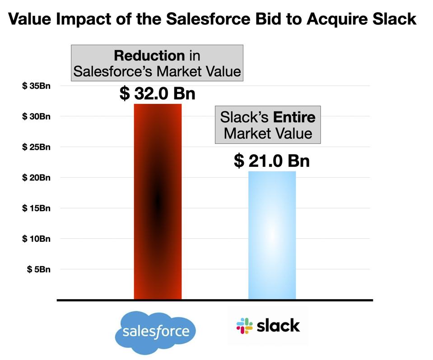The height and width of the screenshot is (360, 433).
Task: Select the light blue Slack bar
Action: (x=272, y=235)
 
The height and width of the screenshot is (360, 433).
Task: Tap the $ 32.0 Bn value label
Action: (x=157, y=94)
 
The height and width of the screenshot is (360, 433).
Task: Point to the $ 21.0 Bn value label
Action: (x=271, y=161)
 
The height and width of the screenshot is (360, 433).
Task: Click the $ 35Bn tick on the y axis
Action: (x=36, y=86)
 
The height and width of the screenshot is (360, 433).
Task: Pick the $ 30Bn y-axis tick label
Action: (x=36, y=116)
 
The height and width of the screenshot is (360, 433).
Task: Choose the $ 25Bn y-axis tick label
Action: (x=36, y=147)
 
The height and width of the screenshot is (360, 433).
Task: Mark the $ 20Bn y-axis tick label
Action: (x=36, y=178)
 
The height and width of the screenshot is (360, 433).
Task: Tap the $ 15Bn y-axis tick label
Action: (x=36, y=208)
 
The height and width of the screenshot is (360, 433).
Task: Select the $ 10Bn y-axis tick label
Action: (x=36, y=239)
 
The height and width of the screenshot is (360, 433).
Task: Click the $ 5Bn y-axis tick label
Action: (x=38, y=269)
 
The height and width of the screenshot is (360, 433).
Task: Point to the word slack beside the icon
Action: (x=278, y=325)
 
